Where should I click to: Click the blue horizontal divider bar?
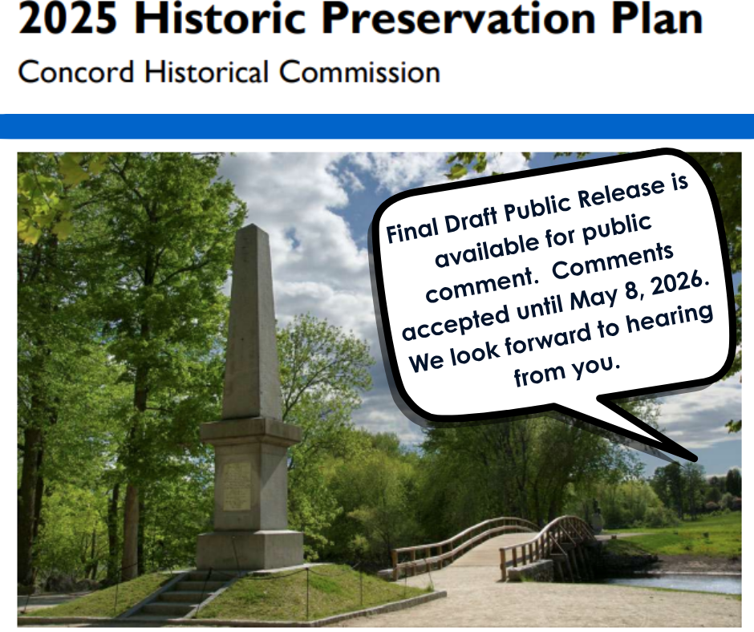point(377,126)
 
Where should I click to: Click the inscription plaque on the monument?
point(237,485)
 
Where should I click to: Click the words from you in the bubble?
point(568,370)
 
